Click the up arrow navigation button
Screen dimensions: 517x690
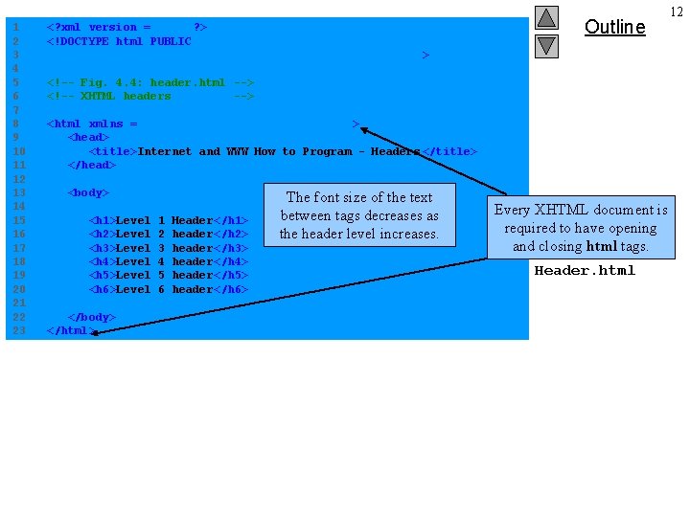click(x=546, y=17)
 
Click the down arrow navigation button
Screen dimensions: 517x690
click(x=546, y=45)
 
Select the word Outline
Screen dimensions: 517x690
click(x=614, y=27)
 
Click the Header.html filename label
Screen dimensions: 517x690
click(x=585, y=270)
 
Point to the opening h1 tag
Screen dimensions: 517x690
click(x=102, y=220)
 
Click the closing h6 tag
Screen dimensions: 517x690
click(x=231, y=289)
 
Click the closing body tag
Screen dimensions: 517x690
click(x=91, y=317)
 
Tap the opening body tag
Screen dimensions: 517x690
click(x=87, y=192)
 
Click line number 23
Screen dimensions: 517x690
click(x=18, y=330)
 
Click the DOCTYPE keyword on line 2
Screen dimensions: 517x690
click(x=80, y=41)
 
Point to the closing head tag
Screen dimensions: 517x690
click(x=91, y=165)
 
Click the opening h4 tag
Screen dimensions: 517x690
click(x=102, y=261)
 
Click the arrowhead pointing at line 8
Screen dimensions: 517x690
click(x=365, y=130)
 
